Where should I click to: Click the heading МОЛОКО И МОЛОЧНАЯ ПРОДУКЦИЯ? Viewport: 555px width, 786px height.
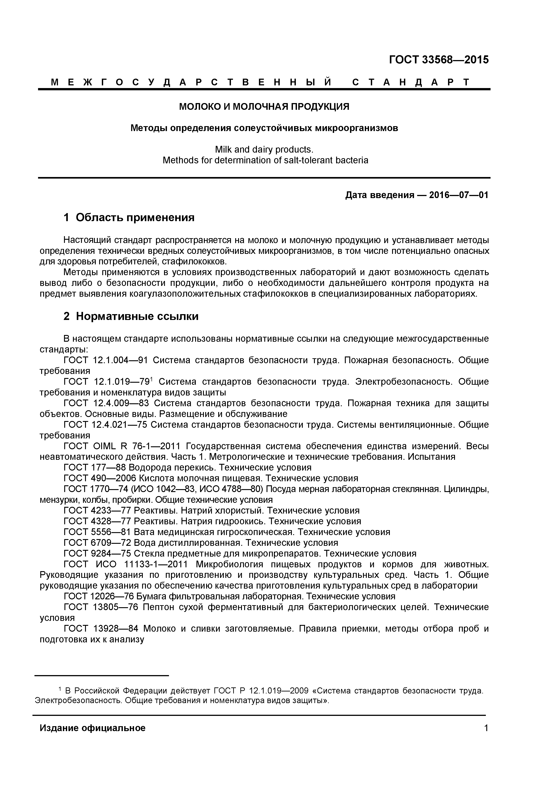(264, 107)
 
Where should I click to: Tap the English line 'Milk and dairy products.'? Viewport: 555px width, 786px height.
(264, 150)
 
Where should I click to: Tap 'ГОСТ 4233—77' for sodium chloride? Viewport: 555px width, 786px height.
(97, 511)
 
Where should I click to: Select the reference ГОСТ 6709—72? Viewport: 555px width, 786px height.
(97, 543)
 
